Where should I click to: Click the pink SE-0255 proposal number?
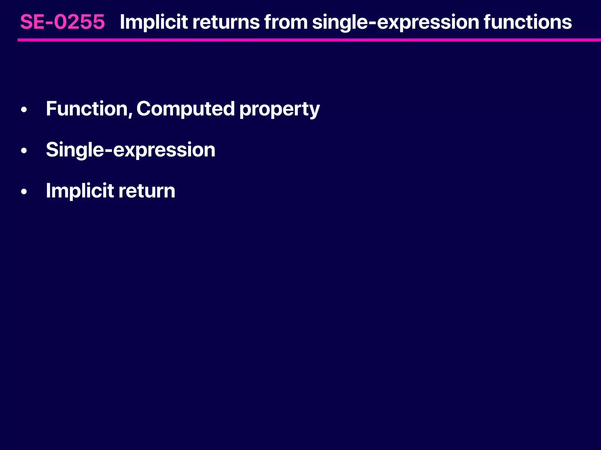63,22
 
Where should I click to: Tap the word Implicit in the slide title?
154,22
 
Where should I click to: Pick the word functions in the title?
528,22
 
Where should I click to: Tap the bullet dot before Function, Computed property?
24,110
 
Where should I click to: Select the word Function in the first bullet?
87,109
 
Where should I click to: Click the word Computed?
185,109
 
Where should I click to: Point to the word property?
279,110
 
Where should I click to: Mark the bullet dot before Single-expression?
24,151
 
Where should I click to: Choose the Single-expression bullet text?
131,150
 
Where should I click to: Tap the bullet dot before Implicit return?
24,192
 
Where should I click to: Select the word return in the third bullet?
147,191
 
